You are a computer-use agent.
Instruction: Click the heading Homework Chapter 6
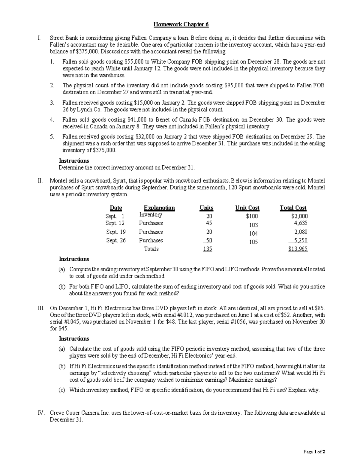point(181,25)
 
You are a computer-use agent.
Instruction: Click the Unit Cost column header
point(247,208)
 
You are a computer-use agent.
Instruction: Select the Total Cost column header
point(293,208)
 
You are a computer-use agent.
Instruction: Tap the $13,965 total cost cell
point(298,249)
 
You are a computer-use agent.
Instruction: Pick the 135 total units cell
point(207,249)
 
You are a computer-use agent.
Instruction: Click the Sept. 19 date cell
point(116,232)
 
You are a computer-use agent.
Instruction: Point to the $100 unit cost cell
point(252,216)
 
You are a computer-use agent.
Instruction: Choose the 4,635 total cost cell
point(300,223)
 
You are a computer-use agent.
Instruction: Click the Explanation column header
point(159,208)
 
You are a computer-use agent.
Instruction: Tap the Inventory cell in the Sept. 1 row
point(151,215)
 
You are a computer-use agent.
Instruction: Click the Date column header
point(116,208)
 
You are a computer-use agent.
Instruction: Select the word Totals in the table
point(151,249)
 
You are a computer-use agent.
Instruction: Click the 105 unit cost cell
point(253,242)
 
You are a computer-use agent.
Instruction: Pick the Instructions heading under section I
point(74,161)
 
